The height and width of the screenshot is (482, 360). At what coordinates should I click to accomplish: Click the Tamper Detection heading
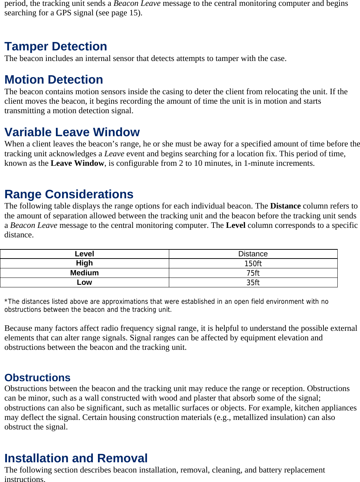tap(56, 47)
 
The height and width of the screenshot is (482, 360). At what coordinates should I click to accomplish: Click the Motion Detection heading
tap(54, 80)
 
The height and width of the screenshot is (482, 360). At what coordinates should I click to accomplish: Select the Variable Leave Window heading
tap(72, 132)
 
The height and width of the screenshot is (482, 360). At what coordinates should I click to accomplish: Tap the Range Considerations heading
tap(69, 194)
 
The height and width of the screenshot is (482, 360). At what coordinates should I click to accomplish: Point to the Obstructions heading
tap(37, 378)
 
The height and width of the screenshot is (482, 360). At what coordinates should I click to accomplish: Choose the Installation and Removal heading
tap(76, 458)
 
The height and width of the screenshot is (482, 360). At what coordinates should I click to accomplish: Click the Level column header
tap(84, 254)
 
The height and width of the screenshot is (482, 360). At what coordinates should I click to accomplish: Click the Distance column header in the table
tap(253, 254)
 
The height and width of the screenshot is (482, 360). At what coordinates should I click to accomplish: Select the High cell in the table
tap(84, 263)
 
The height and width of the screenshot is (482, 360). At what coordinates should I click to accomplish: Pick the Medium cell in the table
tap(84, 273)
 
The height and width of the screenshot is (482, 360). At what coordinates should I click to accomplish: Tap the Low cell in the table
tap(84, 282)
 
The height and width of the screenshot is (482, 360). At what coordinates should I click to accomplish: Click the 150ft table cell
tap(253, 264)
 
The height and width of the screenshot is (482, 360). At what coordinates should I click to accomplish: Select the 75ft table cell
tap(253, 273)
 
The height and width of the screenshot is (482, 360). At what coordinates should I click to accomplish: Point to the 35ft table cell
tap(253, 283)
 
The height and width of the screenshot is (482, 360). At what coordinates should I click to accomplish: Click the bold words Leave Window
tap(77, 163)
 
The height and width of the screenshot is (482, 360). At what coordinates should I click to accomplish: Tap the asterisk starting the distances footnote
tap(6, 301)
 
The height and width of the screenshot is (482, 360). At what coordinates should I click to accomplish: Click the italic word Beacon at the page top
tap(126, 4)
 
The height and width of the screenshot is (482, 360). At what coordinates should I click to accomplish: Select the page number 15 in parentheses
tap(134, 13)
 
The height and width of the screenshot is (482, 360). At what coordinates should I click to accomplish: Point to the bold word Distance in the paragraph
tap(285, 206)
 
